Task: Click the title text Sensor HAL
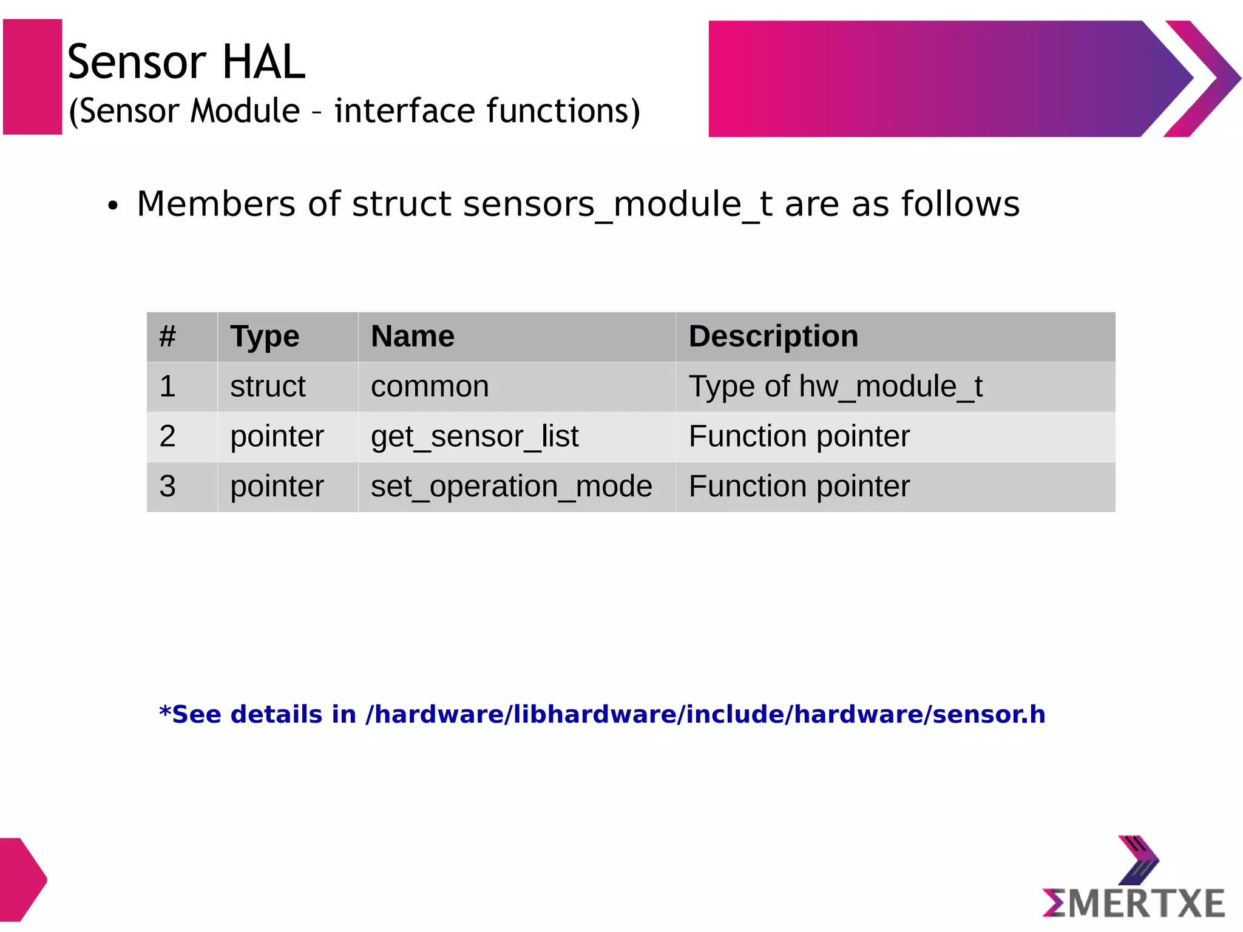pyautogui.click(x=186, y=62)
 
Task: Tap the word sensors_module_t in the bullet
pyautogui.click(x=617, y=204)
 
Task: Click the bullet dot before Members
pyautogui.click(x=112, y=206)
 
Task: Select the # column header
pyautogui.click(x=168, y=337)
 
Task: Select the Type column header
pyautogui.click(x=265, y=337)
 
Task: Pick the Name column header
pyautogui.click(x=413, y=337)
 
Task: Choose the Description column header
pyautogui.click(x=773, y=337)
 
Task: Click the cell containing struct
pyautogui.click(x=268, y=387)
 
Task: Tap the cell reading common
pyautogui.click(x=430, y=387)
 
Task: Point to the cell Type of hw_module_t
pyautogui.click(x=835, y=387)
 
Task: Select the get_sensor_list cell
pyautogui.click(x=475, y=436)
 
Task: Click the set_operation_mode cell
pyautogui.click(x=511, y=487)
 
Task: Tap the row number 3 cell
pyautogui.click(x=168, y=487)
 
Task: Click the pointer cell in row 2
pyautogui.click(x=277, y=436)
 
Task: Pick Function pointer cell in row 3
pyautogui.click(x=799, y=487)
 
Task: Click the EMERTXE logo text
pyautogui.click(x=1134, y=903)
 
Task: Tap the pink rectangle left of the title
pyautogui.click(x=33, y=76)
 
